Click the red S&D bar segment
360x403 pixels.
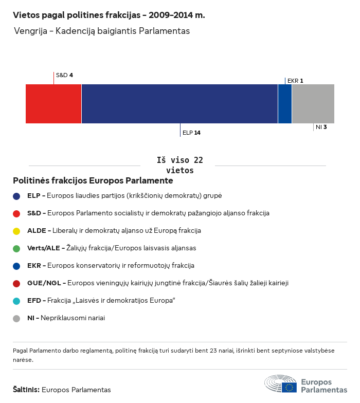[x=53, y=104]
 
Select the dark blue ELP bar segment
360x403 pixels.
[x=179, y=104]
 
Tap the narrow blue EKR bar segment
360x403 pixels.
[x=285, y=104]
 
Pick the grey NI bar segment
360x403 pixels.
[x=313, y=104]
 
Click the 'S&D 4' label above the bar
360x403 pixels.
[x=64, y=75]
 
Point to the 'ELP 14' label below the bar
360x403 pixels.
[x=191, y=133]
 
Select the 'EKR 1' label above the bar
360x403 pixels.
[x=295, y=81]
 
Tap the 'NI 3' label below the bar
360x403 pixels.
[x=321, y=126]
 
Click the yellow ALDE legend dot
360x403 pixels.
[x=16, y=231]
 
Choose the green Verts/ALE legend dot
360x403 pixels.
[x=16, y=248]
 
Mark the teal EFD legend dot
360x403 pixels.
[x=16, y=301]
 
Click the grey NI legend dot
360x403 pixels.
[x=16, y=318]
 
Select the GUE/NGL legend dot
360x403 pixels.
[x=16, y=283]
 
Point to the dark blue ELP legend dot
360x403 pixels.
[x=16, y=196]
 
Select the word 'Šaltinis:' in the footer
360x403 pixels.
[x=26, y=390]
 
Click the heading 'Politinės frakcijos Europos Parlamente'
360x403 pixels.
[x=93, y=181]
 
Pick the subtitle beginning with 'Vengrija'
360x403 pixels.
[x=102, y=31]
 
